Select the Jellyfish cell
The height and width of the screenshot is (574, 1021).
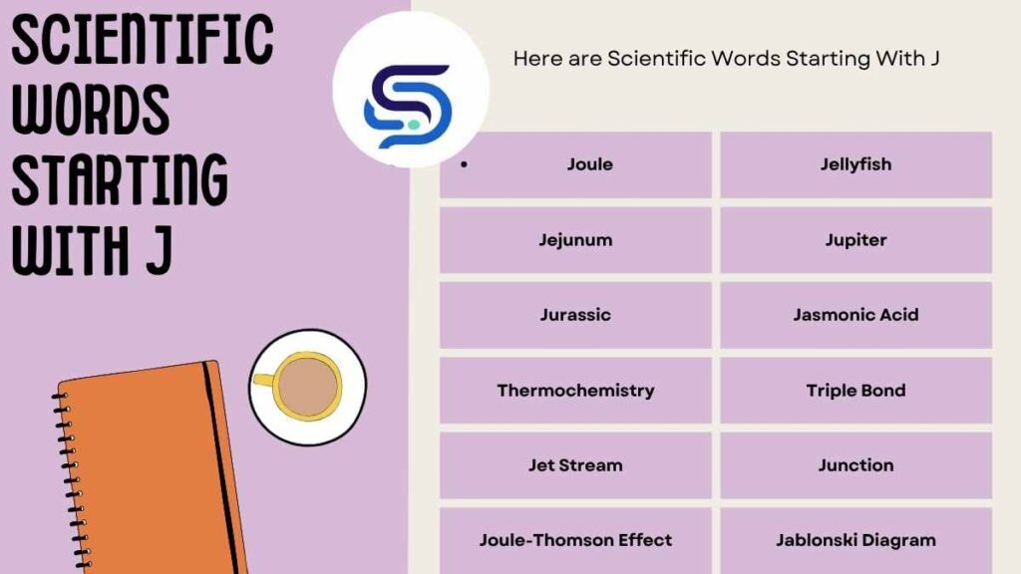(x=855, y=164)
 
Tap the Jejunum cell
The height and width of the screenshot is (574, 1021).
(x=575, y=240)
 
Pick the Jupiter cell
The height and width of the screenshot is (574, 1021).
(x=855, y=240)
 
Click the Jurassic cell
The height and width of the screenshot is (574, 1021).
(x=575, y=315)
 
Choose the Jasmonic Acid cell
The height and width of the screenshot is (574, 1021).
(x=855, y=315)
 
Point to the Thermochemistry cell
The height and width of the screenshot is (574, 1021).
(x=575, y=391)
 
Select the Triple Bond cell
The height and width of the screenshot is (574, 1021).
(x=855, y=391)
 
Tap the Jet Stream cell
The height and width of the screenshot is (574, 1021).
(x=575, y=465)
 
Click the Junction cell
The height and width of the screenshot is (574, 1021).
(x=855, y=465)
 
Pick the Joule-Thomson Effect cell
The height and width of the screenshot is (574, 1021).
(x=575, y=540)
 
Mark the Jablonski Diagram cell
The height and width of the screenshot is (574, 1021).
(x=855, y=540)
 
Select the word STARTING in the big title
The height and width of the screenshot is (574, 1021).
(x=120, y=181)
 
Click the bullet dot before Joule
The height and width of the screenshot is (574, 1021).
(x=465, y=164)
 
